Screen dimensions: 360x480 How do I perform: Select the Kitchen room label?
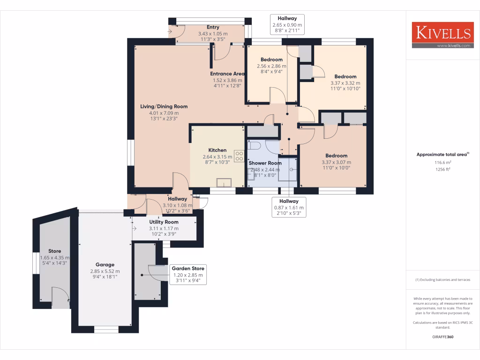[217, 150]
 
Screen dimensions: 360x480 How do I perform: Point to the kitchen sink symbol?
[224, 182]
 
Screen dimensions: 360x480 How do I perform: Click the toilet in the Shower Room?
[255, 146]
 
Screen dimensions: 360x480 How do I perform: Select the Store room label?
[55, 251]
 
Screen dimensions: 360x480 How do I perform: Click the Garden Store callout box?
[187, 275]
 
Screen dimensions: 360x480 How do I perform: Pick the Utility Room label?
[164, 222]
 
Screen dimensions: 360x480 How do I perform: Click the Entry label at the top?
[213, 27]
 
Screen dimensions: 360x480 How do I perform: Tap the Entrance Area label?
[227, 74]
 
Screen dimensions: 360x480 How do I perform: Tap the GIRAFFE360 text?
[443, 337]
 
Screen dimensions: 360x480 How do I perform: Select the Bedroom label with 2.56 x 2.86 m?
[271, 60]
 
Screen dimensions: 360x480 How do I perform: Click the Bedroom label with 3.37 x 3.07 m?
[336, 156]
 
